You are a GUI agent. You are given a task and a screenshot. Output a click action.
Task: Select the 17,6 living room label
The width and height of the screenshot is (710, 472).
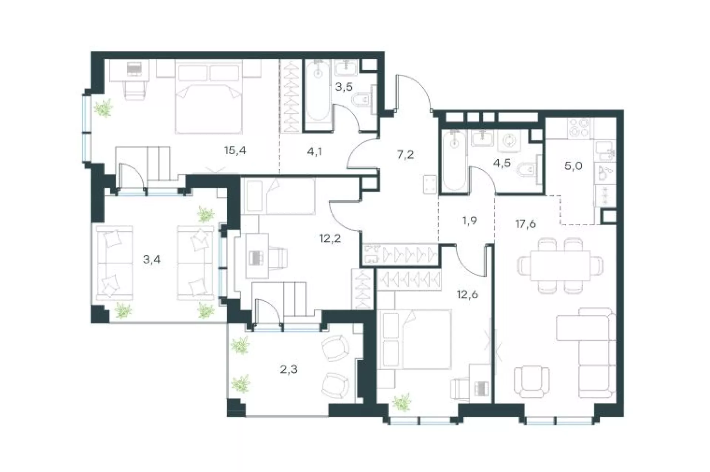point(525,224)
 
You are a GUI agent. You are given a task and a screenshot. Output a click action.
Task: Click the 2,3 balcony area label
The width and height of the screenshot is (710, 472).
point(289,369)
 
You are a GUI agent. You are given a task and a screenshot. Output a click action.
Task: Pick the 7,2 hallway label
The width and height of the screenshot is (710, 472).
point(405,155)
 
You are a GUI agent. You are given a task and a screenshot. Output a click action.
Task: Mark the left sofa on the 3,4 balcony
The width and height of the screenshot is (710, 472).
point(114,263)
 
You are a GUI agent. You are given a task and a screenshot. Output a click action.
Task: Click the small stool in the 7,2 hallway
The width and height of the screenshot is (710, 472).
point(430,184)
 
